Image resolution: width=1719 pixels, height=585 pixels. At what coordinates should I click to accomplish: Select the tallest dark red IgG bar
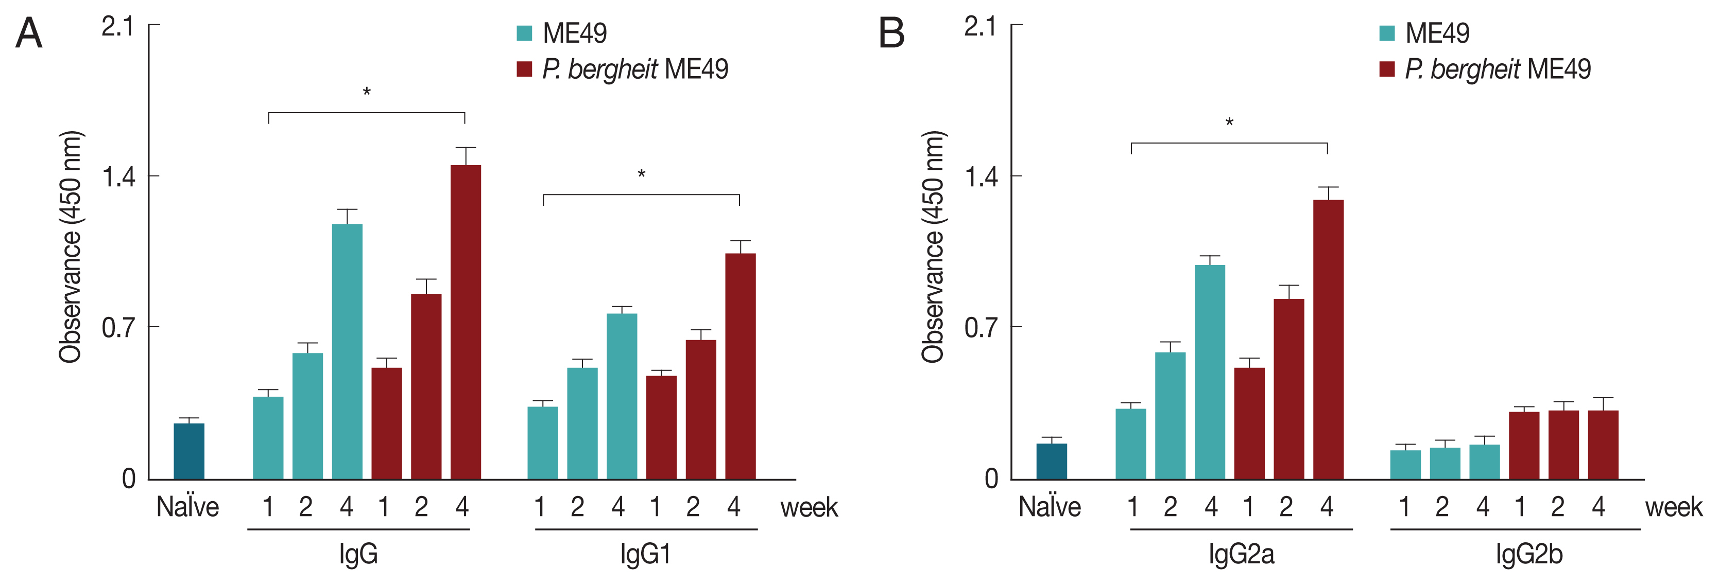(x=465, y=322)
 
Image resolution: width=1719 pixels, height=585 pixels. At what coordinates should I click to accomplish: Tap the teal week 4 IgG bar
(x=347, y=351)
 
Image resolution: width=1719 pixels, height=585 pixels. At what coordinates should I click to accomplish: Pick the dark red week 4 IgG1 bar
(x=740, y=366)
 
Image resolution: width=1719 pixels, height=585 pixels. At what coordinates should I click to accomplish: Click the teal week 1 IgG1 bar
(x=542, y=443)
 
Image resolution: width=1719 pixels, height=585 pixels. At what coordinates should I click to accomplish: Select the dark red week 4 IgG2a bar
(x=1328, y=340)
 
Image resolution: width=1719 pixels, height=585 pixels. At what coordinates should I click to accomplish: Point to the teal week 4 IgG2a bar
(x=1209, y=372)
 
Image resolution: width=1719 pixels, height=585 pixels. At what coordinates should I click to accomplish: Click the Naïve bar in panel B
(x=1051, y=461)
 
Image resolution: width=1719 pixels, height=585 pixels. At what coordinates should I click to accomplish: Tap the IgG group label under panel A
(x=358, y=554)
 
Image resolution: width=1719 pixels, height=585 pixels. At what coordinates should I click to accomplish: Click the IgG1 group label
(x=645, y=554)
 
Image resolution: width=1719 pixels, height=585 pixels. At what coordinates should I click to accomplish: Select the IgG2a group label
(x=1241, y=554)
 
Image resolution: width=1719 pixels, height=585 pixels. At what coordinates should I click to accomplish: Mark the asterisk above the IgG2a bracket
(x=1229, y=123)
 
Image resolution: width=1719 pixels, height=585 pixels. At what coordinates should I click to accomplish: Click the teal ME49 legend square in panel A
(x=525, y=33)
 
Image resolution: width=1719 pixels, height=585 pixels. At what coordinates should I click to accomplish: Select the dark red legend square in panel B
(x=1387, y=69)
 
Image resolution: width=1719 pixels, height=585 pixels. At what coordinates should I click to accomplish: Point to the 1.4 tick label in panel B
(x=979, y=178)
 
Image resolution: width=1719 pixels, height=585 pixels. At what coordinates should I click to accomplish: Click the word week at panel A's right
(x=809, y=508)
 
